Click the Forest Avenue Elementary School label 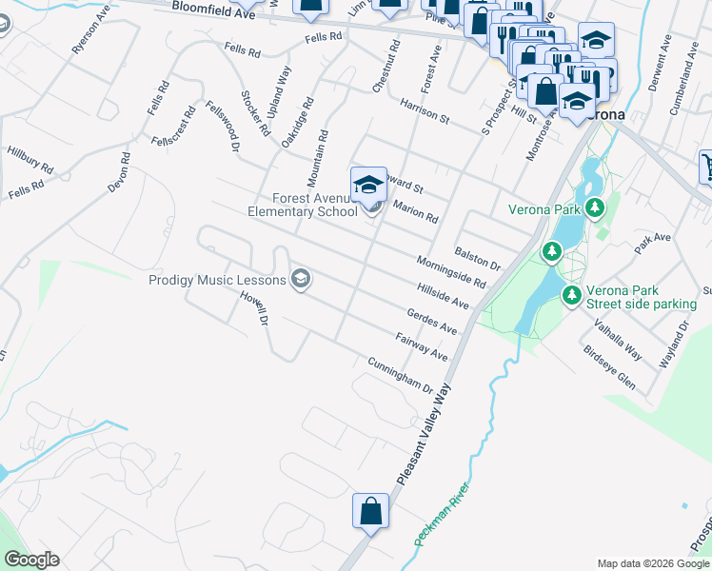click(x=303, y=206)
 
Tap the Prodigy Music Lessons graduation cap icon click(x=301, y=279)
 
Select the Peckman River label click(x=443, y=515)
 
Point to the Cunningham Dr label click(x=401, y=376)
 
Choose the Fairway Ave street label click(x=422, y=346)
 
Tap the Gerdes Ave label click(x=432, y=321)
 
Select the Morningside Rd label click(x=451, y=272)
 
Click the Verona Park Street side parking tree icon click(x=572, y=296)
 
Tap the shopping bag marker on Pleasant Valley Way click(x=371, y=511)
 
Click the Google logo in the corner click(x=31, y=559)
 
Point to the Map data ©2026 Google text click(x=653, y=563)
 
